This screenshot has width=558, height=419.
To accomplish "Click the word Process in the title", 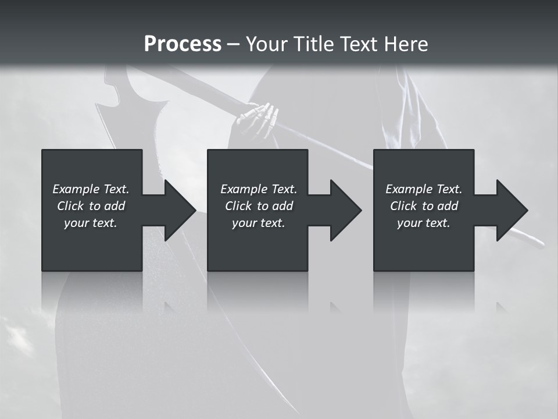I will [183, 44].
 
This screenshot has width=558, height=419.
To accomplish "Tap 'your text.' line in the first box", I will [91, 223].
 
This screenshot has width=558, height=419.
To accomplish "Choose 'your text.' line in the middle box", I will [258, 223].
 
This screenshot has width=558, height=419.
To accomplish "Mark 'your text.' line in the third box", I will [423, 223].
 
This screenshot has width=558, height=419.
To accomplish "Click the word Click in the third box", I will [403, 206].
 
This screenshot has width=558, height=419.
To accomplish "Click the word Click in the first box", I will [70, 206].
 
